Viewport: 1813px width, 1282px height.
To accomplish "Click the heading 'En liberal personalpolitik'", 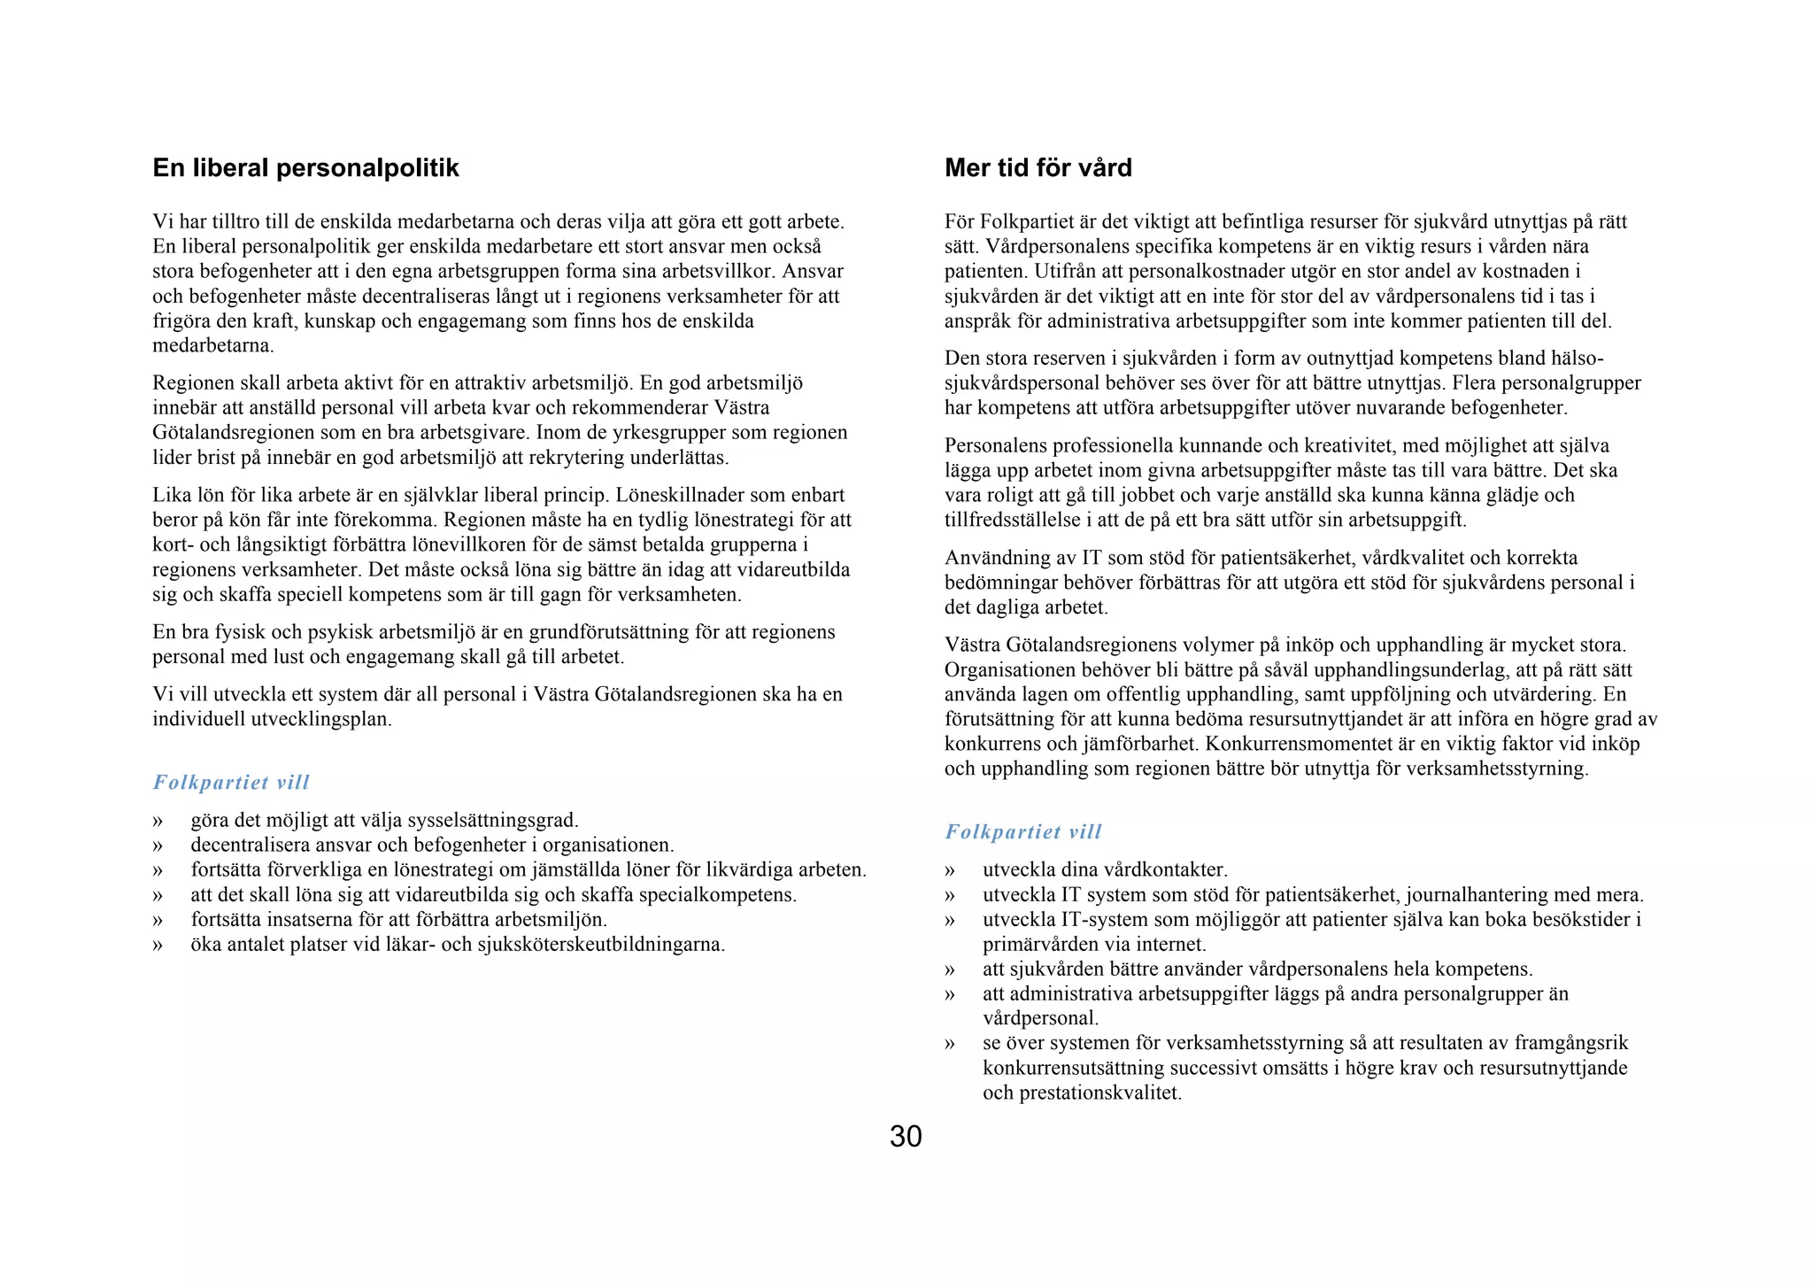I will pos(305,168).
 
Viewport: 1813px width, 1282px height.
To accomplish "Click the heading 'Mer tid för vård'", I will pos(1038,168).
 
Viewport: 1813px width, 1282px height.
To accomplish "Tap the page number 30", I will pos(906,1137).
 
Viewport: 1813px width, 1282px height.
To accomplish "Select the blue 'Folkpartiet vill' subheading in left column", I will pos(231,783).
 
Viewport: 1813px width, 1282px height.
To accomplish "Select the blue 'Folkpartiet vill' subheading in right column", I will pos(1022,832).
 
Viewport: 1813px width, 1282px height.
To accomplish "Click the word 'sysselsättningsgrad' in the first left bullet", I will pos(491,821).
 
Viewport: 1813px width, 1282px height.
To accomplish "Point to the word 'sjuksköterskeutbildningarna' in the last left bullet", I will pos(600,945).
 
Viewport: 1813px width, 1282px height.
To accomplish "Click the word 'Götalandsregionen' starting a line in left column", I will pos(234,433).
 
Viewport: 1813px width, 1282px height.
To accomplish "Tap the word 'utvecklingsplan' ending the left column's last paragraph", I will pos(320,720).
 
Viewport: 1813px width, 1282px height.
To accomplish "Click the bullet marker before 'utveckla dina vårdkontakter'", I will pos(950,871).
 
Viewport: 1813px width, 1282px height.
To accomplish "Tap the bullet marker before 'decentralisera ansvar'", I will pos(158,846).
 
